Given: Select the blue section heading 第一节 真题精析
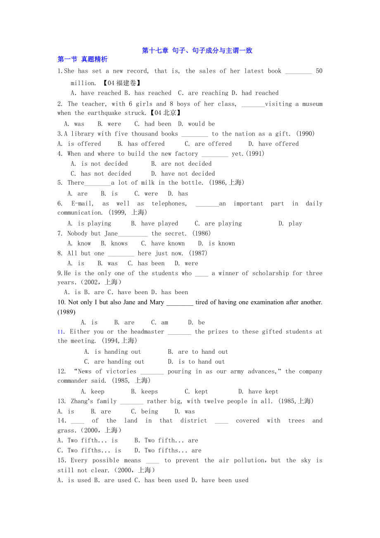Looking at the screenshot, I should [82, 59].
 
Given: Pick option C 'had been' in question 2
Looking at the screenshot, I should [152, 124].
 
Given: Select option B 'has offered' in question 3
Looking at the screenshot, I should [141, 144].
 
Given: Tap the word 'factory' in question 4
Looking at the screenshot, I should [186, 154].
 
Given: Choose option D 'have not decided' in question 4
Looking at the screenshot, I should [183, 174].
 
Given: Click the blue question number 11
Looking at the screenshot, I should [61, 332].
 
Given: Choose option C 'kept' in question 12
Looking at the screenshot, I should [196, 391].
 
